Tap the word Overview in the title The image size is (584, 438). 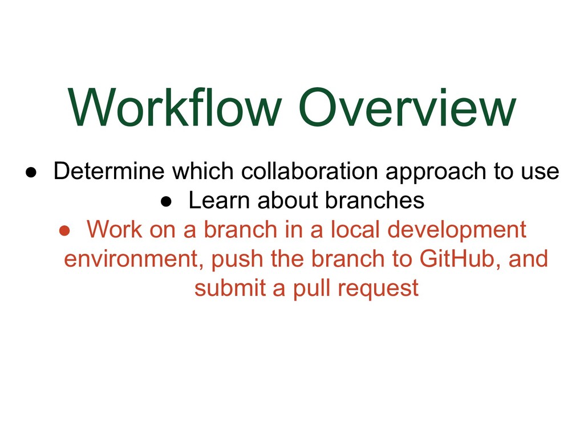(x=407, y=107)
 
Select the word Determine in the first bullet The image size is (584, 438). (x=109, y=171)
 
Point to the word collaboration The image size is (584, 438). (x=309, y=171)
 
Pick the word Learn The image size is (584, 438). (x=219, y=200)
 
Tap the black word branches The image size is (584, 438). (x=375, y=200)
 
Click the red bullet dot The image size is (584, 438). (x=64, y=231)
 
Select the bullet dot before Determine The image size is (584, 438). (x=31, y=172)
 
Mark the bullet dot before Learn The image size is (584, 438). (x=166, y=202)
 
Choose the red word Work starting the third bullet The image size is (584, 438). (x=114, y=229)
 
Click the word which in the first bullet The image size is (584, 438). (x=202, y=171)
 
